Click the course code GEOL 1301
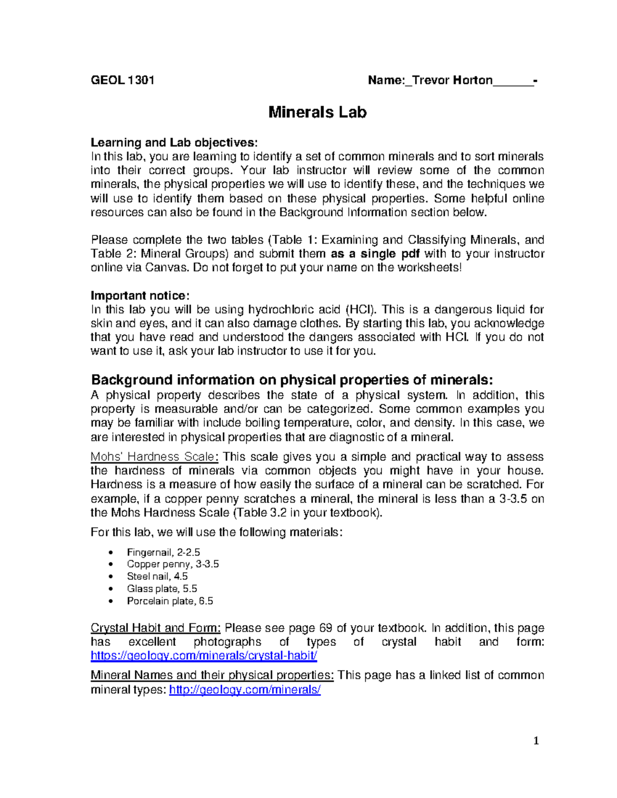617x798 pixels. coord(122,80)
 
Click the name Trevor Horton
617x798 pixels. coord(452,80)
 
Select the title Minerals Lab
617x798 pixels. coord(317,112)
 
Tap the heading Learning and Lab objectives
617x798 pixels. coord(174,142)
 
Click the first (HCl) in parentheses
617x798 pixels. coord(360,309)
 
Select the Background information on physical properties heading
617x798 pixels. coord(292,380)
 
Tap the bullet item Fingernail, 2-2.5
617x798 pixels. coord(164,552)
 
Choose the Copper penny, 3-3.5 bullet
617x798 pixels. coord(173,564)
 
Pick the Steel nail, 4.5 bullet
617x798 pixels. coord(157,577)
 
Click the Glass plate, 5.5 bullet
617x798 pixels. coord(162,589)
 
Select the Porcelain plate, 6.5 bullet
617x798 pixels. coord(170,601)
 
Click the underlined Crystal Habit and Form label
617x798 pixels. coord(156,628)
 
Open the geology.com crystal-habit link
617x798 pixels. coord(204,656)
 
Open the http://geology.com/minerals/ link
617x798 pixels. coord(245,690)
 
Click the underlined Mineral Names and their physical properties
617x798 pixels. coord(212,675)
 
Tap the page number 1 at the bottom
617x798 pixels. coord(536,740)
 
